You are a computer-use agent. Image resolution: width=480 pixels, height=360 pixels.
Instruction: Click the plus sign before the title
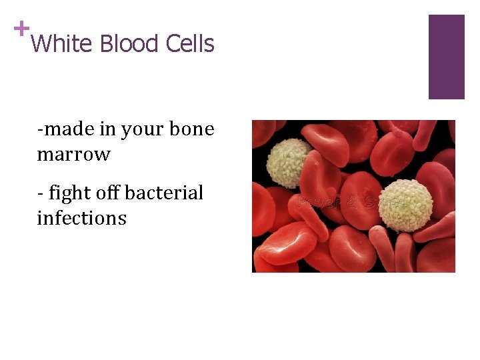click(x=21, y=29)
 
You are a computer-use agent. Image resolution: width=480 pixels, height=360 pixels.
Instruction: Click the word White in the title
click(x=61, y=44)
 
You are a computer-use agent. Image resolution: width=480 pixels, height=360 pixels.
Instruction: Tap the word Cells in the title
click(x=190, y=44)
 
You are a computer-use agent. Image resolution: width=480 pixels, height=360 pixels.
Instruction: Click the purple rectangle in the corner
click(x=446, y=57)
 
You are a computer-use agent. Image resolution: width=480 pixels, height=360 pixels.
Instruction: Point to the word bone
click(x=192, y=129)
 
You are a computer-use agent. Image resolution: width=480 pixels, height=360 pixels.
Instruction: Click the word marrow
click(x=73, y=155)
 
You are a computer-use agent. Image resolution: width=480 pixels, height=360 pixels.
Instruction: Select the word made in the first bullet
click(x=65, y=129)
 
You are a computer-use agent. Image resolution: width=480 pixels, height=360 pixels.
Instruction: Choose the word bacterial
click(x=164, y=193)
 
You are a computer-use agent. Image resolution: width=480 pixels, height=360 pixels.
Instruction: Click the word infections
click(x=81, y=218)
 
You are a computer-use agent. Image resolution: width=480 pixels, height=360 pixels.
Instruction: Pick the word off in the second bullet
click(x=109, y=193)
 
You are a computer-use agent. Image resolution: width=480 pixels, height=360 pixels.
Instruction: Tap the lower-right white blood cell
click(x=405, y=205)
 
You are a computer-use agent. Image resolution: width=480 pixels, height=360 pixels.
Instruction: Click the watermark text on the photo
click(x=353, y=202)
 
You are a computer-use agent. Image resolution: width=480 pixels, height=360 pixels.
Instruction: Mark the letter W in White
click(x=41, y=44)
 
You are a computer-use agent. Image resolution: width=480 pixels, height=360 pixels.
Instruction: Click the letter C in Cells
click(x=173, y=44)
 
